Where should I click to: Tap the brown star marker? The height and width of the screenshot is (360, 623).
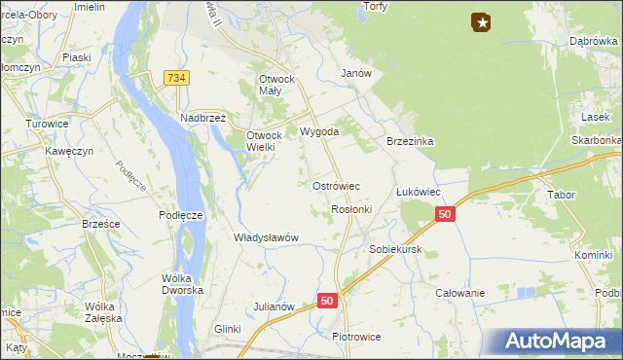[481, 21]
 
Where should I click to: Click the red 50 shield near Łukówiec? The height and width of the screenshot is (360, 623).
[445, 214]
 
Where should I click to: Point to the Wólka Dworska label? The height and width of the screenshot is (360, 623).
[182, 284]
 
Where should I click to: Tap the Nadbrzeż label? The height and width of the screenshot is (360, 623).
[202, 118]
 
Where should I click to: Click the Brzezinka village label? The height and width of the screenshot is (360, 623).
[410, 141]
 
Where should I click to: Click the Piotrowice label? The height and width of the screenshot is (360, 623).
[356, 337]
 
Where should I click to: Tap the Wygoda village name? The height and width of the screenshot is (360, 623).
[319, 131]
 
